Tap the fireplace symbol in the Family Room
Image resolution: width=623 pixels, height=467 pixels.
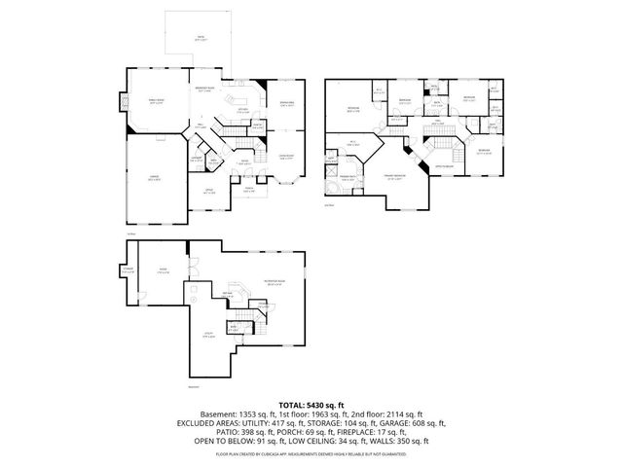[x=123, y=104]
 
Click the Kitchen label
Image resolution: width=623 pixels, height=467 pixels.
[x=242, y=112]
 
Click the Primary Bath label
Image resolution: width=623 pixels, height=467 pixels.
[x=346, y=177]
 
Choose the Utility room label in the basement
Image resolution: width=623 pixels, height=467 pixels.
[x=206, y=337]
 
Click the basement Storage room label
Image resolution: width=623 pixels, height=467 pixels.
[x=127, y=269]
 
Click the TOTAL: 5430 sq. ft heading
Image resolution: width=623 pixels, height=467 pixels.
[x=311, y=404]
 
